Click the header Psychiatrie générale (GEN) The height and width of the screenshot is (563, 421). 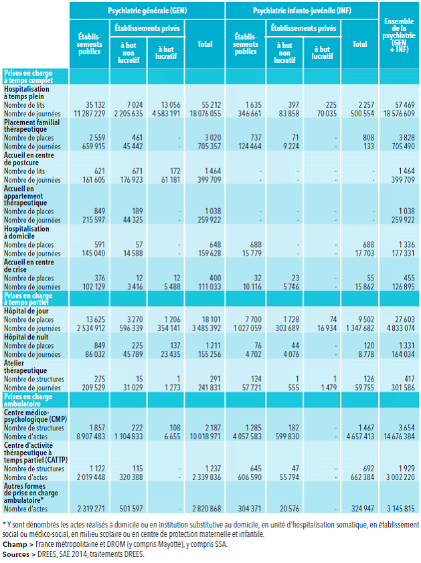coord(147,11)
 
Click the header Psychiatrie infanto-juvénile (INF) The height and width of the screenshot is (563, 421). coord(301,11)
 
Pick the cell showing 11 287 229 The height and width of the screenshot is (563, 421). coord(88,114)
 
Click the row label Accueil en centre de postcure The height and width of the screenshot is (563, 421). coord(31,159)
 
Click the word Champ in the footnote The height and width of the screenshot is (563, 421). coord(15,544)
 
